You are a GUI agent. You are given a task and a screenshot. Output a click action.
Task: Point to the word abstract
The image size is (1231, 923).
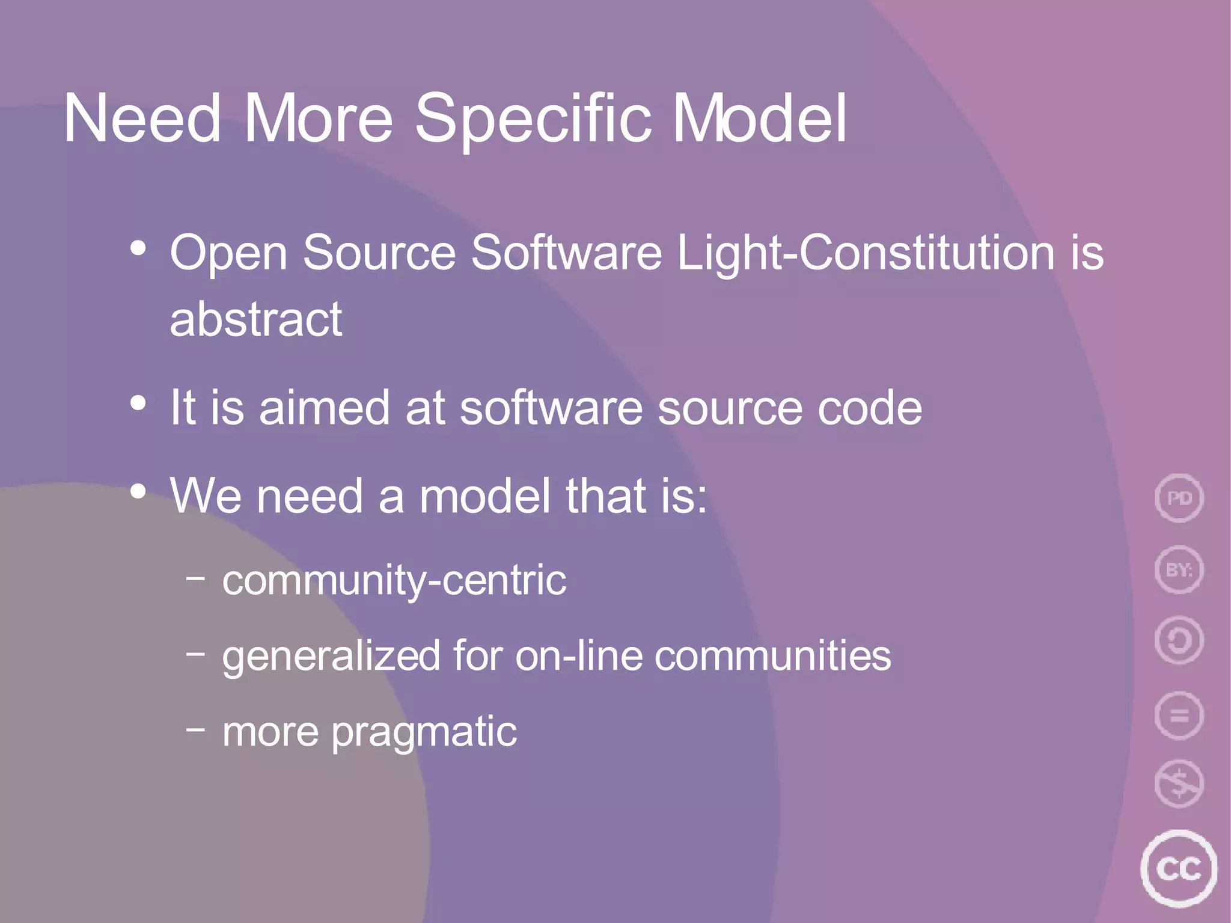click(x=255, y=319)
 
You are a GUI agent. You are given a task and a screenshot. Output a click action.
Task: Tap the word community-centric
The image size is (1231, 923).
click(x=394, y=581)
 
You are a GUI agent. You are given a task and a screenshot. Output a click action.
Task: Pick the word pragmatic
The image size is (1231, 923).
click(x=424, y=732)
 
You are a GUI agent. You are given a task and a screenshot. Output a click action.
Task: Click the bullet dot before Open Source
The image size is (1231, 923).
click(x=138, y=248)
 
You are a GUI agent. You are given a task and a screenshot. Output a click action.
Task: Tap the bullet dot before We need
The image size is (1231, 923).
click(x=138, y=492)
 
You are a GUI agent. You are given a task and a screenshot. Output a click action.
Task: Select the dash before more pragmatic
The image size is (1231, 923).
click(x=195, y=729)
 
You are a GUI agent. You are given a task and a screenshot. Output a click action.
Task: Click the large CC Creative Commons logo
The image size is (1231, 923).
click(x=1179, y=869)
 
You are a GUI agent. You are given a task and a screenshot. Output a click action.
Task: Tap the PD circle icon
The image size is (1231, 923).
click(x=1179, y=498)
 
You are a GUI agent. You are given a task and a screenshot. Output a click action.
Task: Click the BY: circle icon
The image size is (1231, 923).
click(x=1179, y=569)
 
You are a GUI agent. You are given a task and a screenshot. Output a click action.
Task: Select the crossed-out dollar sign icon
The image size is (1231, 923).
click(x=1179, y=783)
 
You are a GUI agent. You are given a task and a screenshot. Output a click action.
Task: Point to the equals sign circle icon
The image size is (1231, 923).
click(x=1179, y=715)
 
